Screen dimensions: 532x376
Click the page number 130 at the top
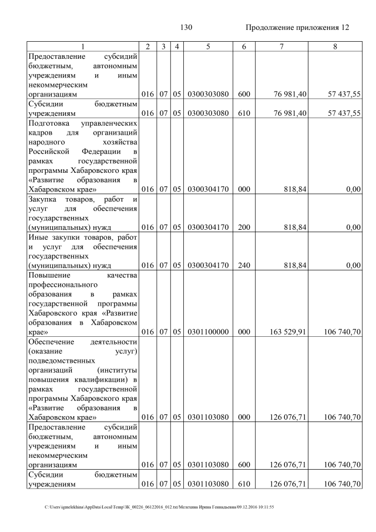pyautogui.click(x=186, y=28)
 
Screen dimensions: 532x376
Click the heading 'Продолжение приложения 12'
pyautogui.click(x=297, y=28)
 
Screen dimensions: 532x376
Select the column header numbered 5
pyautogui.click(x=208, y=46)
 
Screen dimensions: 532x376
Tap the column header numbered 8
pyautogui.click(x=334, y=46)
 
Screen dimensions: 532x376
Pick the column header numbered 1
pyautogui.click(x=83, y=46)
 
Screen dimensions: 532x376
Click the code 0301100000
pyautogui.click(x=208, y=332)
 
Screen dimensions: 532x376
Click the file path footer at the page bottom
pyautogui.click(x=159, y=507)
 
